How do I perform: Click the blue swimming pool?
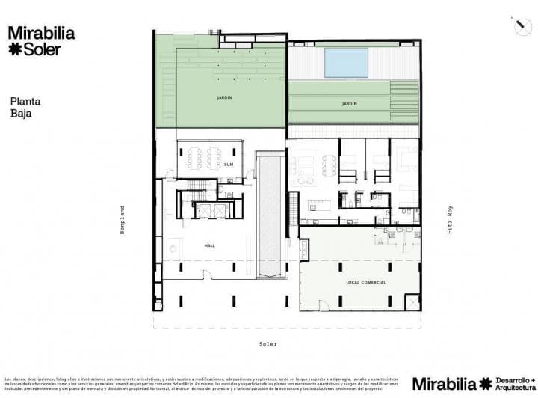coord(347,62)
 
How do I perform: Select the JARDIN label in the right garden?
coord(349,103)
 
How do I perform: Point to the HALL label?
coord(210,245)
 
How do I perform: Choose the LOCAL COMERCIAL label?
coord(365,282)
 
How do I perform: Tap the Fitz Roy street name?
coord(450,219)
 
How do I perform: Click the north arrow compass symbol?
coord(520,24)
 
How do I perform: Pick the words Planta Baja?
coord(25,108)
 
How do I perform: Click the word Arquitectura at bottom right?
coord(513,388)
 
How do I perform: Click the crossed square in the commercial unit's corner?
coord(412,302)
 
